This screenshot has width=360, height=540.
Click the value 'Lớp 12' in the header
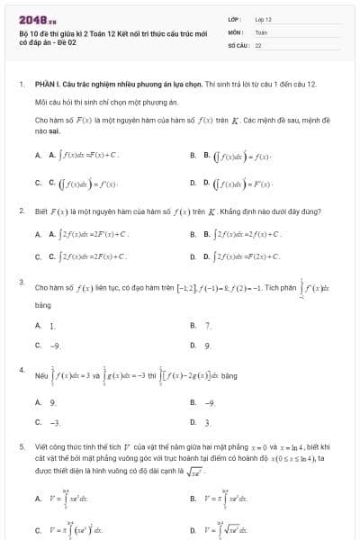[x=264, y=18]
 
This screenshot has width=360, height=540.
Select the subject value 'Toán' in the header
[x=261, y=31]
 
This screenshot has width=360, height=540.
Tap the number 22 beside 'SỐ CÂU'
[x=258, y=43]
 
